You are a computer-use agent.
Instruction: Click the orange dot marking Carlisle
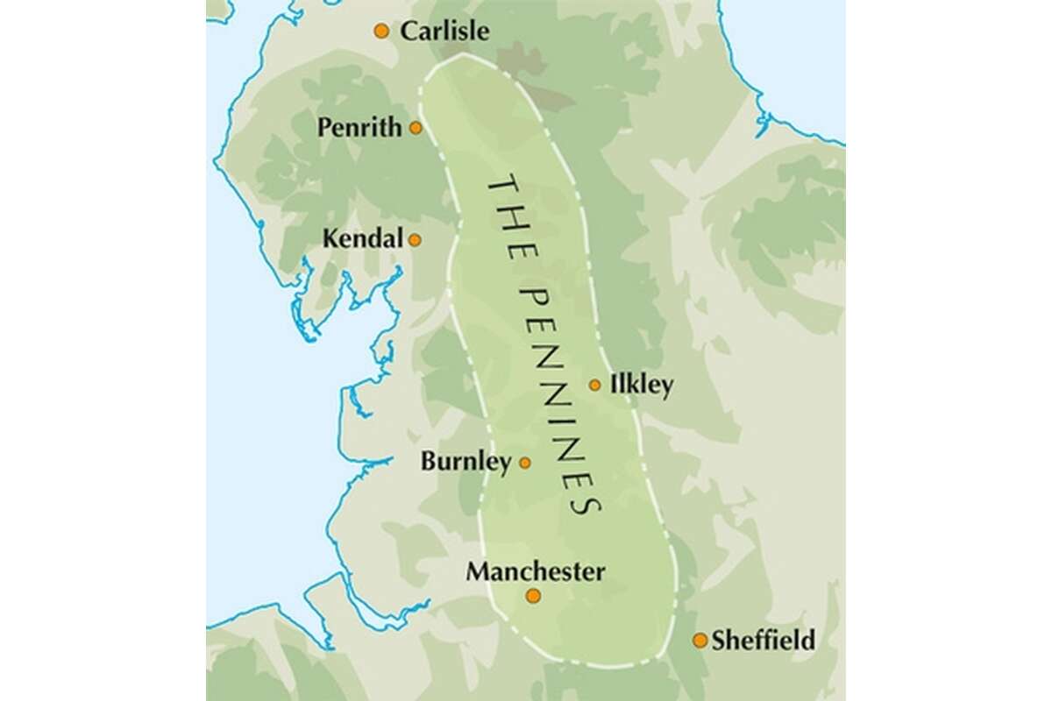[x=381, y=32]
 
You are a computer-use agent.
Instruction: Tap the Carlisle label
[x=444, y=32]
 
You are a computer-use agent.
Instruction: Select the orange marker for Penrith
[x=416, y=128]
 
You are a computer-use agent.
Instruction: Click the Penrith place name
[x=360, y=128]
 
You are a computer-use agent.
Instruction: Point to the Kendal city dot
[x=415, y=239]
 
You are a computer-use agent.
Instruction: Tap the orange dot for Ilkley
[x=595, y=385]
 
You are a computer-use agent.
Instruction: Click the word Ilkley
[x=641, y=386]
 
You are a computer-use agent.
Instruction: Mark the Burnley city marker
[x=525, y=463]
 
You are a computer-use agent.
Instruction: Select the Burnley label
[x=466, y=462]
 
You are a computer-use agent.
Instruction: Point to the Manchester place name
[x=535, y=572]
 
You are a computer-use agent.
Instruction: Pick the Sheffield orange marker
[x=700, y=641]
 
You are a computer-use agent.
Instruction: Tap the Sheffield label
[x=763, y=641]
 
